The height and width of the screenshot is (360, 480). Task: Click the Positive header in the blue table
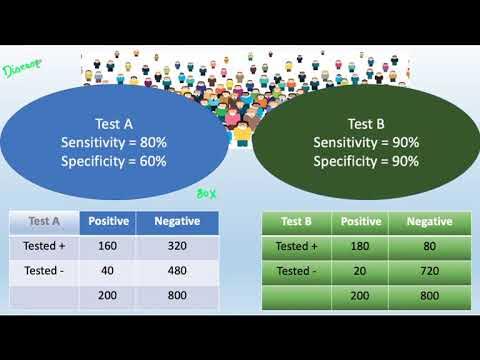(108, 221)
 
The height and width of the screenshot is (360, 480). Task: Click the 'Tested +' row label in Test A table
(44, 247)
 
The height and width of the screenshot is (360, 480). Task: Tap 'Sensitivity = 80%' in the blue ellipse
(113, 142)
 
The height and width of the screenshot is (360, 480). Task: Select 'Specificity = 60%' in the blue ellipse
(113, 160)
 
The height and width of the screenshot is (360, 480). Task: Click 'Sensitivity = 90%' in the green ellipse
(364, 142)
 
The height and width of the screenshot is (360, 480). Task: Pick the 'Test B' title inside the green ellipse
(364, 124)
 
